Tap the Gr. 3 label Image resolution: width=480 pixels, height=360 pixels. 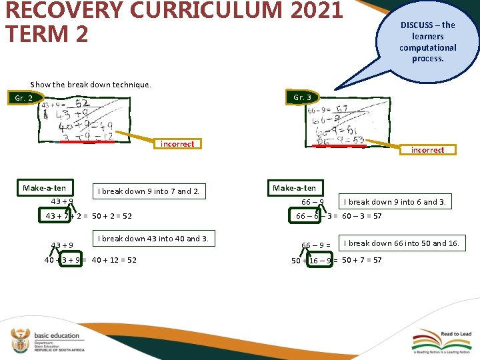point(302,97)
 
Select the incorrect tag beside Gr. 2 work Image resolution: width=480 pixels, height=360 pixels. point(177,144)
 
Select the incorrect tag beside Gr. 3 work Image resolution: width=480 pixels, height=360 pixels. point(427,150)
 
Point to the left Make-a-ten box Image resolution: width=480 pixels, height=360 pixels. point(45,188)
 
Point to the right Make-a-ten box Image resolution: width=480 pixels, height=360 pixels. point(294,188)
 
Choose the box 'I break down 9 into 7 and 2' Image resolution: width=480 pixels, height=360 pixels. point(148,192)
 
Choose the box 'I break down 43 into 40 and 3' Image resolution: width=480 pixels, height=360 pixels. point(153,239)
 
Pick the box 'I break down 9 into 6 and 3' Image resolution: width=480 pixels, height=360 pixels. point(396,201)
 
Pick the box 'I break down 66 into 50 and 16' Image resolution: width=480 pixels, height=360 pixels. point(401,243)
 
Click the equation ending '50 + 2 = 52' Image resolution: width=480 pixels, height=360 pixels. point(89,216)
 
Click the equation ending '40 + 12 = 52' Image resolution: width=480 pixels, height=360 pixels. point(91,260)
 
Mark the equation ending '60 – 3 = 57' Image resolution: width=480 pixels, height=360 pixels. point(339,216)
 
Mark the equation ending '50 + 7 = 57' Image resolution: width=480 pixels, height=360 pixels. point(337,260)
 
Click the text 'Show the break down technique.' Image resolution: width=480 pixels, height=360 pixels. point(91,85)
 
